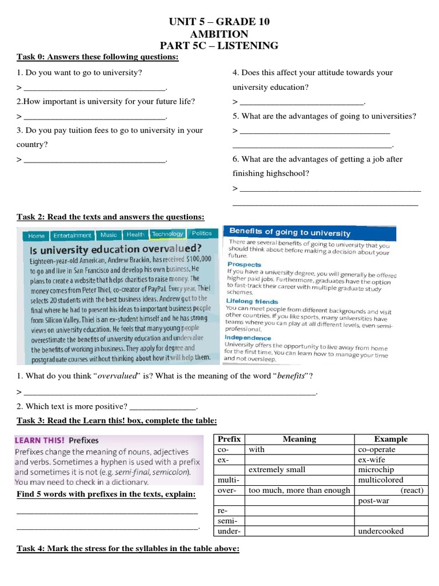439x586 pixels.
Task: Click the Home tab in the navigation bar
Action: point(36,235)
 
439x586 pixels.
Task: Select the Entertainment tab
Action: point(72,235)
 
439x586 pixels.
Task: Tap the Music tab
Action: point(109,235)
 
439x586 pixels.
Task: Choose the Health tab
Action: point(135,234)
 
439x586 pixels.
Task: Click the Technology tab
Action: point(167,233)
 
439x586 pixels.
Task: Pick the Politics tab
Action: point(202,233)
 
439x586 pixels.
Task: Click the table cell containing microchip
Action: point(391,470)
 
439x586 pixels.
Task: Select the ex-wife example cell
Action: point(391,460)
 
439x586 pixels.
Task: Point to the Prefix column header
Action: point(229,439)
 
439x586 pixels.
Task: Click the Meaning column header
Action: point(300,439)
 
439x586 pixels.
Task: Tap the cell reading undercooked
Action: point(391,531)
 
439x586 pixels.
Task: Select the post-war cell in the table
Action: point(391,500)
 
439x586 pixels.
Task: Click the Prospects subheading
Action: point(244,264)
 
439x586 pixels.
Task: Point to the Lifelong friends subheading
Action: point(252,301)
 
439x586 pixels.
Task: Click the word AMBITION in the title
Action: point(219,34)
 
